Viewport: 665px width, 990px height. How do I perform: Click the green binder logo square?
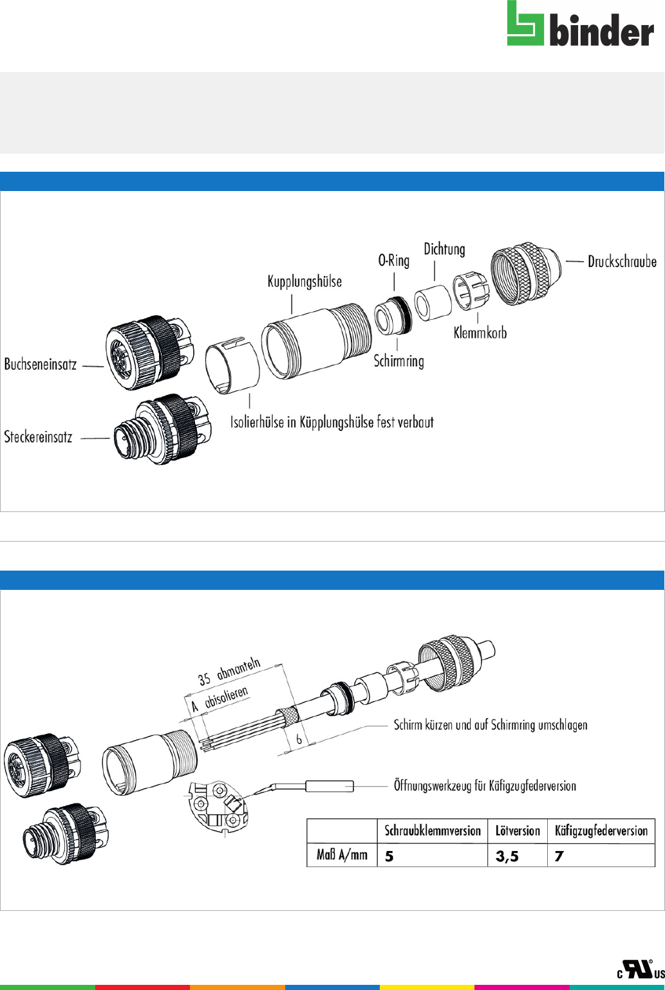tap(525, 23)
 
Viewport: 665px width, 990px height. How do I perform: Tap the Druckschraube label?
tap(622, 262)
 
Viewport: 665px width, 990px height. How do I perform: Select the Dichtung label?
tap(444, 249)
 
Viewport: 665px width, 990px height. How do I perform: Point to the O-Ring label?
tap(393, 261)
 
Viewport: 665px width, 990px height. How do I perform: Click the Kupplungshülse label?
tap(304, 282)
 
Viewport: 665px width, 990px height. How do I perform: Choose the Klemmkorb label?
tap(480, 333)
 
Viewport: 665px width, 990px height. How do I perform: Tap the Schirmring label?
tap(399, 361)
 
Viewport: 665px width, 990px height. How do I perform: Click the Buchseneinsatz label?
tap(41, 364)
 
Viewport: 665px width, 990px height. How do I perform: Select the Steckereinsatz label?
tap(38, 437)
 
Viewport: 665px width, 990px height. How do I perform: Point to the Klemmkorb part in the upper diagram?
tap(471, 290)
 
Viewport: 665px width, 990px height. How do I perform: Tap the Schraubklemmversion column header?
tap(433, 831)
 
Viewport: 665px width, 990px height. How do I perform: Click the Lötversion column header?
tap(518, 831)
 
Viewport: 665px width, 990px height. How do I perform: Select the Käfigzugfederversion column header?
tap(601, 831)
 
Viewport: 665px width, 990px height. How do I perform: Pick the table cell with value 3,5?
tap(518, 856)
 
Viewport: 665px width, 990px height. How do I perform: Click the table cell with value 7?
tap(601, 856)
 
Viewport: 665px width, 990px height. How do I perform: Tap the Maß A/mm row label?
tap(342, 855)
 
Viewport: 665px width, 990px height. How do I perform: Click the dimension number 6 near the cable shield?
tap(299, 738)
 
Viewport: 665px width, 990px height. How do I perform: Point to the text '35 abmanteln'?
tap(229, 672)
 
